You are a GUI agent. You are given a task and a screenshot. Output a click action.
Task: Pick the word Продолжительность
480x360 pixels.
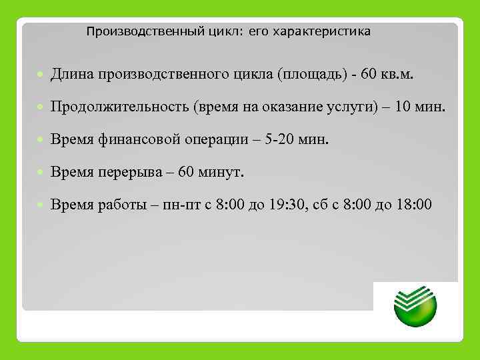129,108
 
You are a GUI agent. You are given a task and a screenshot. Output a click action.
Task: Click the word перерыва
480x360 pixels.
128,173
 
